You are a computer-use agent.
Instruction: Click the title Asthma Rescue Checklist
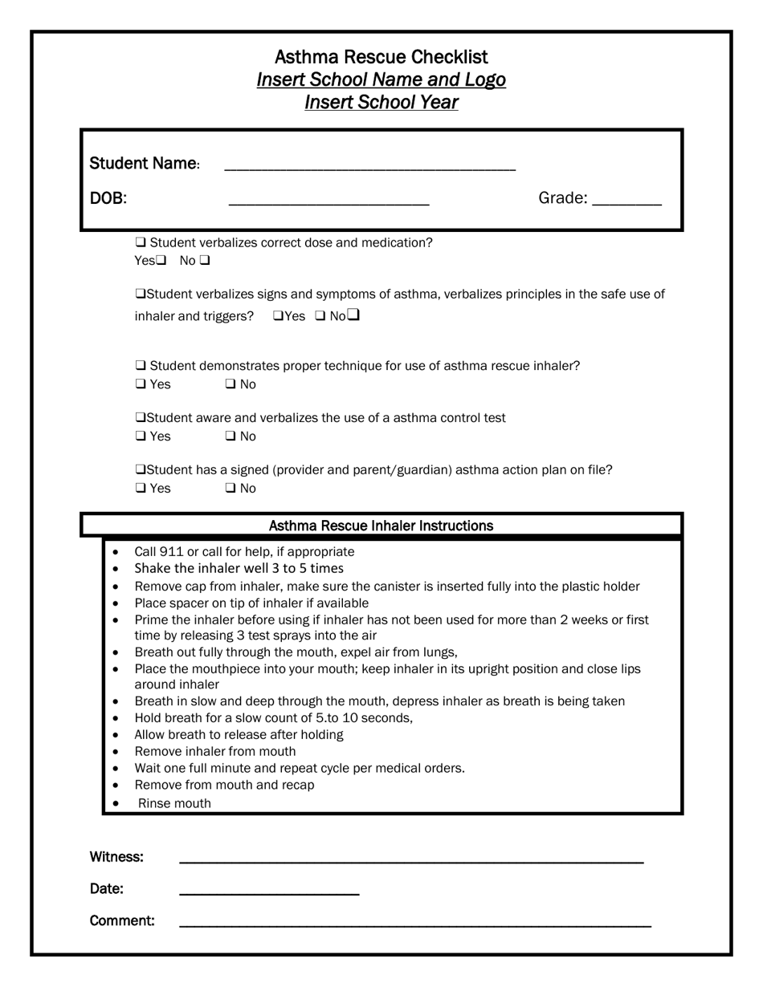coord(381,57)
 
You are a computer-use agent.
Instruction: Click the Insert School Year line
coord(381,103)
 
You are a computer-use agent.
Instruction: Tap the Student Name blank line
coord(369,165)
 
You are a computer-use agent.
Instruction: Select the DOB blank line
coord(328,201)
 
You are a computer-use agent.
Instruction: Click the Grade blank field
coord(626,201)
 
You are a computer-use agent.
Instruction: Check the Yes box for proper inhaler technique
coord(141,384)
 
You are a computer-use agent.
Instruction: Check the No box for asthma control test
coord(231,437)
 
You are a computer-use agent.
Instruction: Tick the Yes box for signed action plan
coord(141,489)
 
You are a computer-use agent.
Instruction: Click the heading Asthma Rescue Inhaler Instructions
coord(381,526)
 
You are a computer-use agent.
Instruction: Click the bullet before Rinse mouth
coord(116,803)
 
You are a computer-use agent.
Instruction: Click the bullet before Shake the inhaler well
coord(116,569)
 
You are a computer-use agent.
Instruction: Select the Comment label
coord(122,921)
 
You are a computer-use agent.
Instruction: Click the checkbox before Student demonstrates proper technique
coord(141,366)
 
